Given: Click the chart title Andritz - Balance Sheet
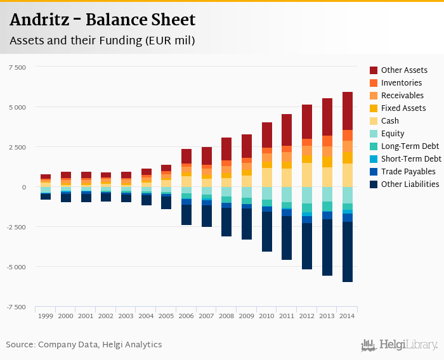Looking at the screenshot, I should point(102,20).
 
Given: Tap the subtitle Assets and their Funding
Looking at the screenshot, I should point(101,41).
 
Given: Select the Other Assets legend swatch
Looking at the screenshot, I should point(374,70).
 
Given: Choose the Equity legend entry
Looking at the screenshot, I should point(394,134).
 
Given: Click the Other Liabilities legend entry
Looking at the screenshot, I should point(410,184).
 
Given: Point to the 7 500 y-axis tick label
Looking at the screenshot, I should point(17,67).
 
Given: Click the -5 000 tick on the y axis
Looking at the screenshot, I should point(16,267).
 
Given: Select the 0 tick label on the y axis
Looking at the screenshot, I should point(24,187).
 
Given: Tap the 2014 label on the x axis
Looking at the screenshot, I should point(347,316).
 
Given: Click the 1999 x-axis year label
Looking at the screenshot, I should point(46,316).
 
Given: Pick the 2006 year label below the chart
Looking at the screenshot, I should point(186,316).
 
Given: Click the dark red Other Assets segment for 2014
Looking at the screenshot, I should point(347,111).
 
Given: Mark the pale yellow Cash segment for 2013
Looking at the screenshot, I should point(327,177).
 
